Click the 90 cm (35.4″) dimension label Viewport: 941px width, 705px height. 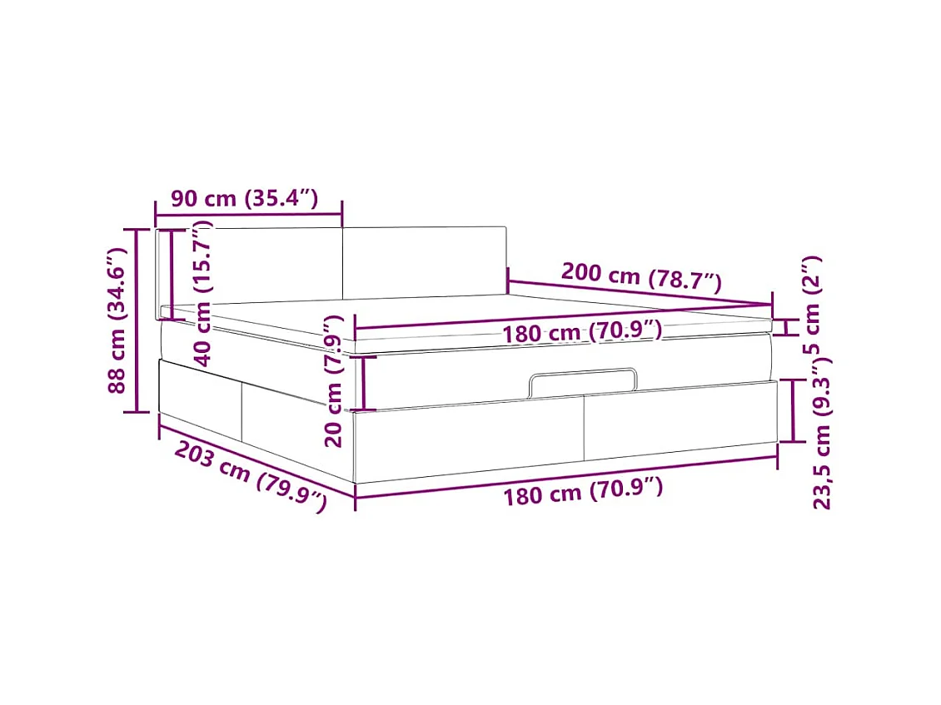tap(244, 199)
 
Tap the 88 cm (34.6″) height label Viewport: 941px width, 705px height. tap(117, 319)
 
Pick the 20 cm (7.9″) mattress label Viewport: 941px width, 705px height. tap(334, 380)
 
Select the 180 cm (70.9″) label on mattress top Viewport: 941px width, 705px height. tap(582, 332)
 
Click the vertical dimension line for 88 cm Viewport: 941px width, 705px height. tap(132, 320)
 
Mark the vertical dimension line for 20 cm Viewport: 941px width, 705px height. tap(365, 382)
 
